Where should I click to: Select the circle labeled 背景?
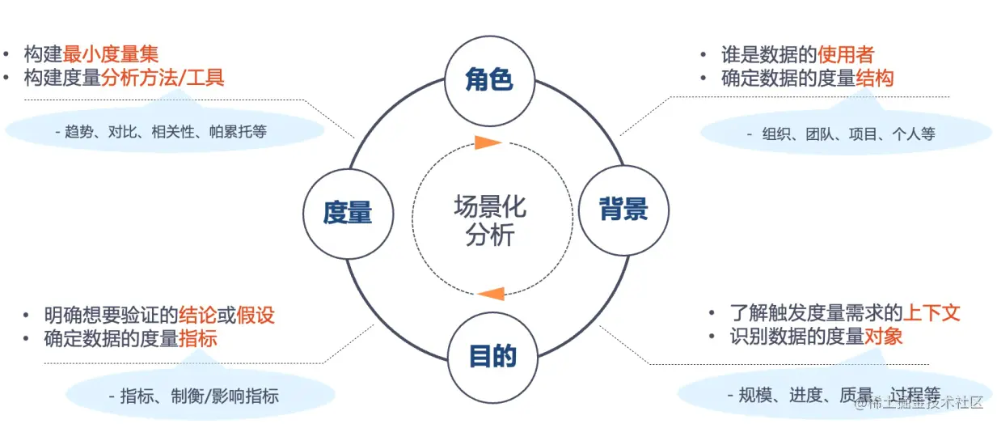(623, 210)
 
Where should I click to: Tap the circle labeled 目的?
(492, 356)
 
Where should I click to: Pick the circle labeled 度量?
(348, 213)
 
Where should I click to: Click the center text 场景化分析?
(490, 220)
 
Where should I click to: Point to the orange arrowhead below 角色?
(488, 143)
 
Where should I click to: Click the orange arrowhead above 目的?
(492, 293)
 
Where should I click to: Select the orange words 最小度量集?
(111, 54)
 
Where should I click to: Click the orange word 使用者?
(846, 55)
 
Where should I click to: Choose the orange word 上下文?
(931, 313)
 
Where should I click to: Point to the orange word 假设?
(256, 315)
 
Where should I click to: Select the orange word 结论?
(197, 315)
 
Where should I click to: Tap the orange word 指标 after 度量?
(197, 338)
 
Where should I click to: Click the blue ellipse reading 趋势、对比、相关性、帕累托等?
(166, 131)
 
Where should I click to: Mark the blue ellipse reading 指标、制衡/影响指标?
(199, 396)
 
